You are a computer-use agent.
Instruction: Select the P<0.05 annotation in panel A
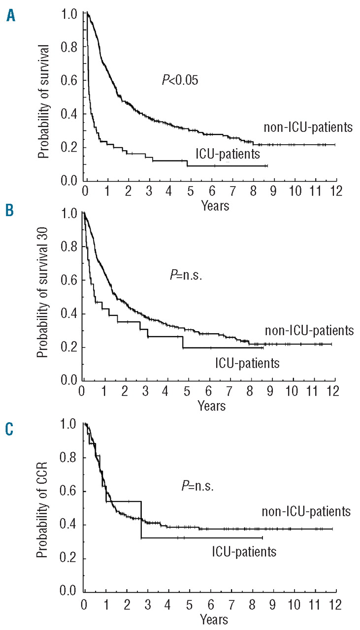[180, 80]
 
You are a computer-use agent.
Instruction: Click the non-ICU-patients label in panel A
[307, 127]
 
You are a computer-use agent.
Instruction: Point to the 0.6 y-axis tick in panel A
[69, 81]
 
